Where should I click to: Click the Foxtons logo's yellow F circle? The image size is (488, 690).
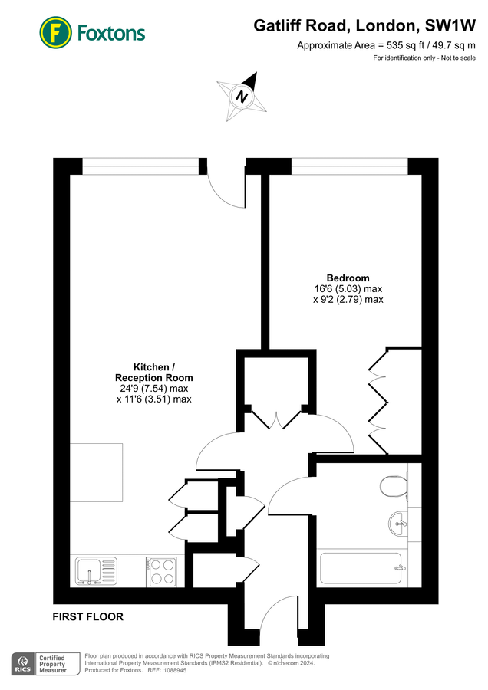[55, 32]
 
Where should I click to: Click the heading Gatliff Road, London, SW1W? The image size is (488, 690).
[364, 25]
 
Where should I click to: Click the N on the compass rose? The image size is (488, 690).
[242, 97]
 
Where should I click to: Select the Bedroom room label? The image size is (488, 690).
[348, 278]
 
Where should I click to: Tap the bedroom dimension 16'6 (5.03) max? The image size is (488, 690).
[348, 289]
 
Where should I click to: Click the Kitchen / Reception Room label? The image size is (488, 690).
[154, 373]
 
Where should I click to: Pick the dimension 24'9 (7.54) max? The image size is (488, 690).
[154, 389]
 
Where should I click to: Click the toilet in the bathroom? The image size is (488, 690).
[394, 487]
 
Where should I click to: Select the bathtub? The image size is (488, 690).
[361, 567]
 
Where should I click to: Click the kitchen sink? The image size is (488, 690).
[97, 570]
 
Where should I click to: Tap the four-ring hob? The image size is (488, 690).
[162, 571]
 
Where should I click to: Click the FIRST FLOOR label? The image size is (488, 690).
[88, 617]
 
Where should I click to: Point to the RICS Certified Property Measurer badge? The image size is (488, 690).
[46, 664]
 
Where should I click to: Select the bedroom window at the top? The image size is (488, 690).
[349, 166]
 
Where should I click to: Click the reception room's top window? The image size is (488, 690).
[141, 166]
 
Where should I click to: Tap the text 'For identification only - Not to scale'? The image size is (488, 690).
[424, 58]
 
